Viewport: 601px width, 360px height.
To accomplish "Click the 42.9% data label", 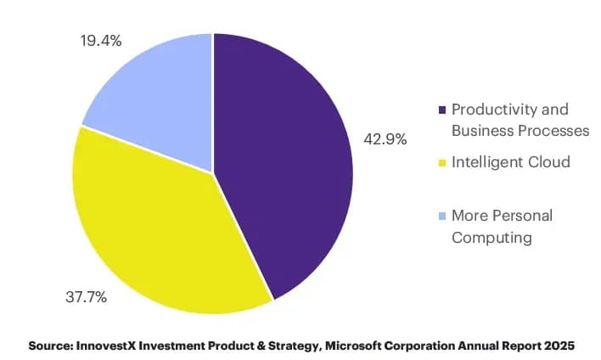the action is [x=385, y=138].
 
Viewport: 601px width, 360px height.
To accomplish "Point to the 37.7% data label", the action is [x=87, y=297].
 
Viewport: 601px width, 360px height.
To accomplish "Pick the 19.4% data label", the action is [x=101, y=41].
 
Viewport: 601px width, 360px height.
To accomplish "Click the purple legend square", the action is [x=442, y=110].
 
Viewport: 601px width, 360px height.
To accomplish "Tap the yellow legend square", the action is [x=442, y=163].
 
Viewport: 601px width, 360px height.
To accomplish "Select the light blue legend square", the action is [x=442, y=217].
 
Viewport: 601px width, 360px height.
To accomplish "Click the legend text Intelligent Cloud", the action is [x=511, y=162].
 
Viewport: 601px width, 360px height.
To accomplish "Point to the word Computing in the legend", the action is [x=491, y=238].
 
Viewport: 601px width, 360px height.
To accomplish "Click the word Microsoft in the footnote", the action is [x=353, y=346].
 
